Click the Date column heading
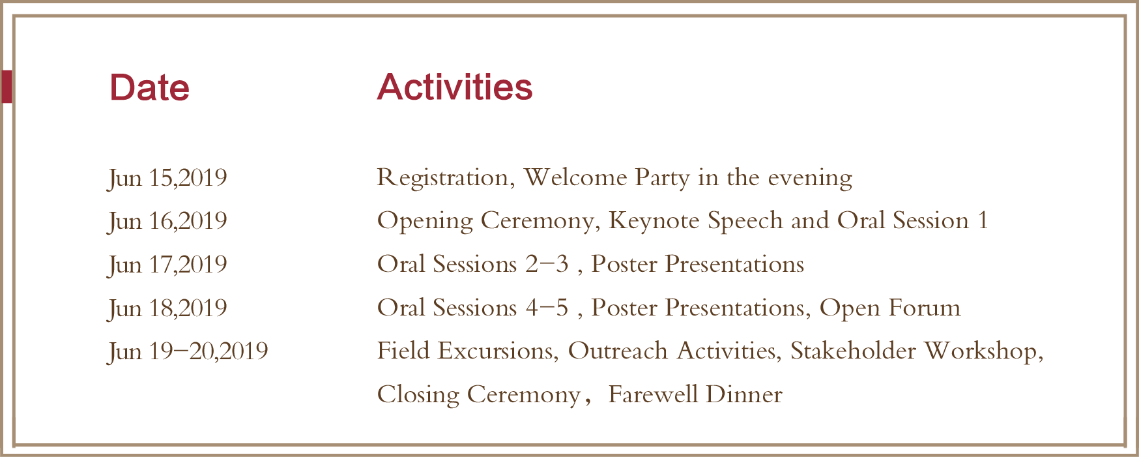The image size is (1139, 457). (x=149, y=87)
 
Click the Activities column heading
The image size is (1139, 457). (x=455, y=87)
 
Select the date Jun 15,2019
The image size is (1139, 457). (x=167, y=178)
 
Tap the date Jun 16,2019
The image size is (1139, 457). (x=167, y=221)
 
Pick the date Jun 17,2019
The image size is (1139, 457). (x=167, y=265)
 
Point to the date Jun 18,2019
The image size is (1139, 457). (x=167, y=308)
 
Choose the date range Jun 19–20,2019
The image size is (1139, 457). (x=188, y=352)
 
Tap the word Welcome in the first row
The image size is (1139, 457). (x=575, y=177)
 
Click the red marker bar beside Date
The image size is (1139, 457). (x=6, y=87)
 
